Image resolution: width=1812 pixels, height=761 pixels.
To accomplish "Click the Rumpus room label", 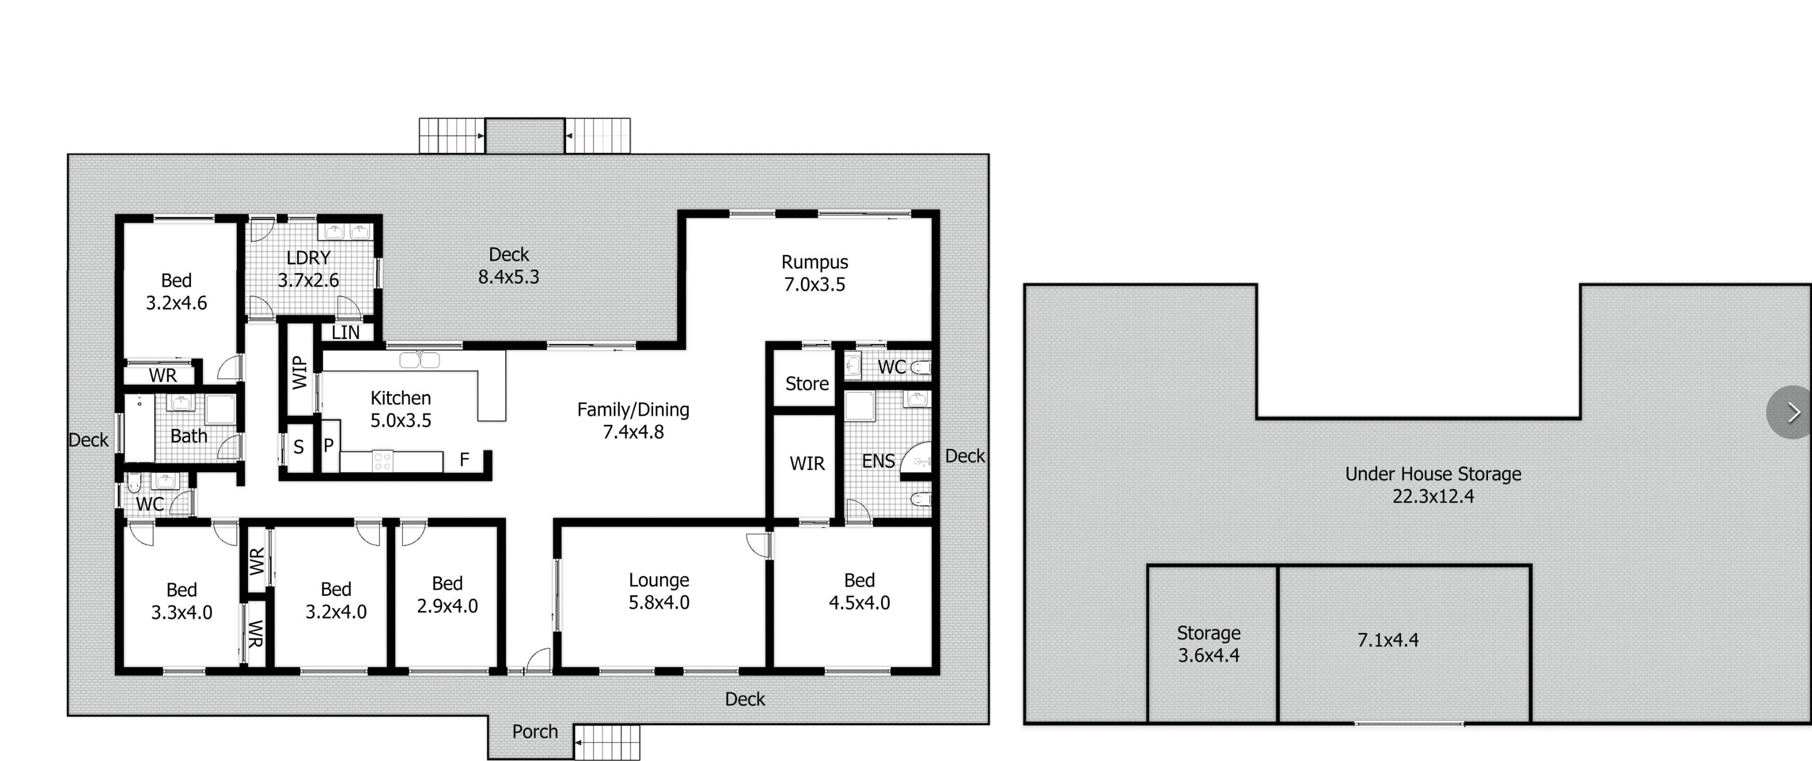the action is [814, 262].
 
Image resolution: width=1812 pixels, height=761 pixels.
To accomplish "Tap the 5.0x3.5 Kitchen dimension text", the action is [401, 420].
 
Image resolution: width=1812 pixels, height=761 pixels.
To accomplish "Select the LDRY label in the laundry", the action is [308, 257].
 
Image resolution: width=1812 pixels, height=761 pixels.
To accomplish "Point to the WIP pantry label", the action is [300, 372].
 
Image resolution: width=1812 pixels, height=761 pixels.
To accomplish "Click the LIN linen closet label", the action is [345, 332].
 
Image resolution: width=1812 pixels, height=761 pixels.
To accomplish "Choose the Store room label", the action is [807, 384].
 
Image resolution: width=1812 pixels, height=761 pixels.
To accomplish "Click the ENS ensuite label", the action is [878, 461].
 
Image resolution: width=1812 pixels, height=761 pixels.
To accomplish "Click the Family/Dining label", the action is [633, 410].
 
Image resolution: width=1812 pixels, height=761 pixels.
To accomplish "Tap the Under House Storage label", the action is [1433, 474].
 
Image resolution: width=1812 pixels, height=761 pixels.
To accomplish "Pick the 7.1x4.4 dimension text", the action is [1388, 640].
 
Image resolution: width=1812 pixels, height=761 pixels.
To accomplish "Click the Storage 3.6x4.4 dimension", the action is [1209, 655].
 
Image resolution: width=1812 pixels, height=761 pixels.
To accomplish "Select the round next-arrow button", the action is [1791, 412].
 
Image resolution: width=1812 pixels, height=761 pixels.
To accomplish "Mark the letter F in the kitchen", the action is [464, 460].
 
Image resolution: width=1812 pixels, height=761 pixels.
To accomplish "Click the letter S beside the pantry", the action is [298, 447].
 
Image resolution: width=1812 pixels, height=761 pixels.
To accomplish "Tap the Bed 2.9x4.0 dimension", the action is [448, 606].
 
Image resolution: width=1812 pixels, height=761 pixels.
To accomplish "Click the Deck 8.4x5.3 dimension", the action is [509, 277].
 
